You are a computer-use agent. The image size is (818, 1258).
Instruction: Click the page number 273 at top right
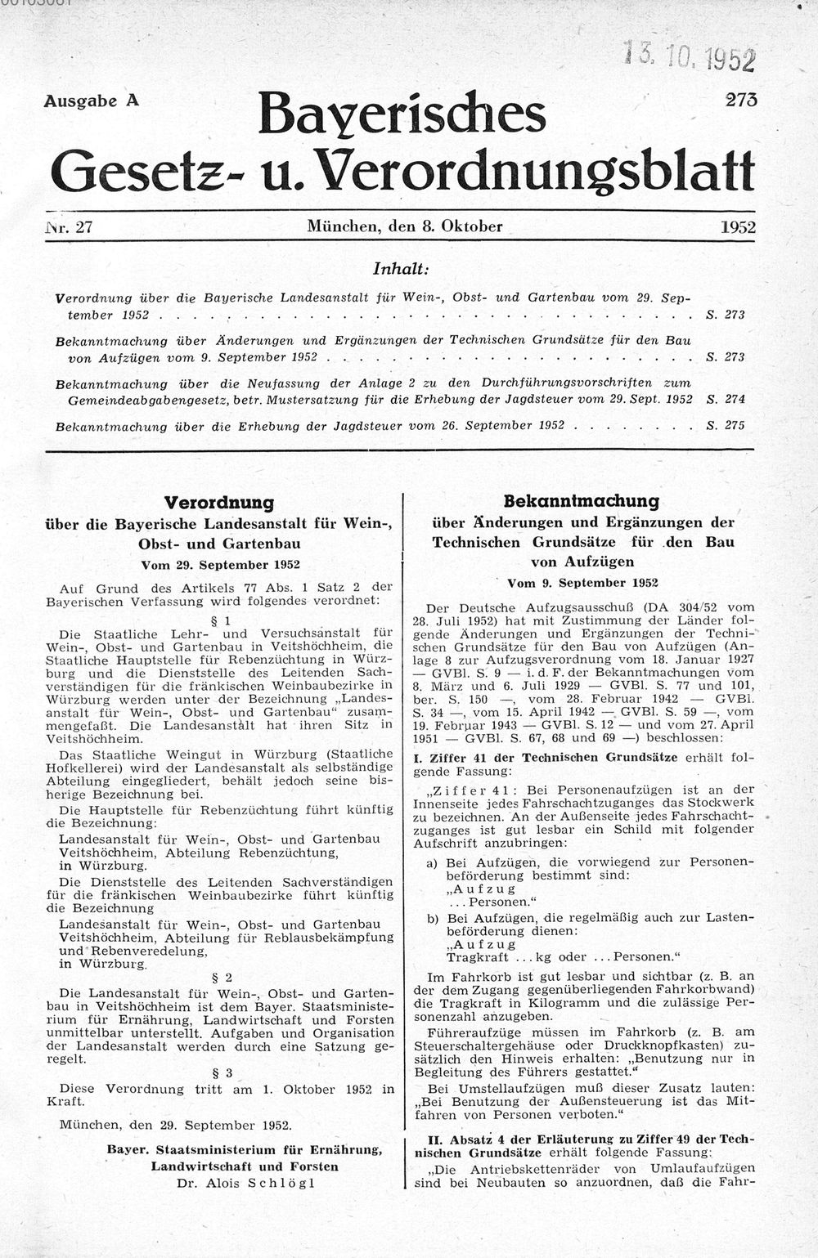(x=740, y=98)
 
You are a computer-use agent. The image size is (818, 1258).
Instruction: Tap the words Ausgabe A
(x=91, y=101)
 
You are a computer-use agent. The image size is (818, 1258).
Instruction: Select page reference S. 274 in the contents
(x=725, y=399)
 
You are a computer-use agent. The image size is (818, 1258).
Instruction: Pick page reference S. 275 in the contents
(x=725, y=426)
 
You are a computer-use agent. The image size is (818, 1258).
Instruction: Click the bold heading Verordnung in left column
(x=219, y=502)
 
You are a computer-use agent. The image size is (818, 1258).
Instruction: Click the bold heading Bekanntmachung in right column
(x=582, y=500)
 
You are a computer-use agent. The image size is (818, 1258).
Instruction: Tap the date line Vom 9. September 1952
(x=582, y=583)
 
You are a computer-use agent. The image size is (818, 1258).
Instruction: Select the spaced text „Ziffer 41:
(x=470, y=790)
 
